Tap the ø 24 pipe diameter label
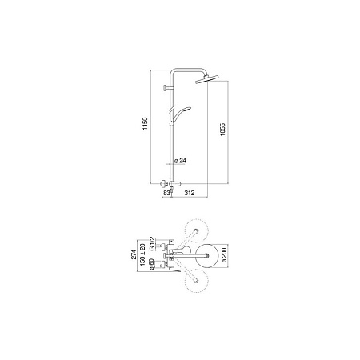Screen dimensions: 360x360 coord(182,161)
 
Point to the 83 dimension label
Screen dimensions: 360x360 coord(166,194)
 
